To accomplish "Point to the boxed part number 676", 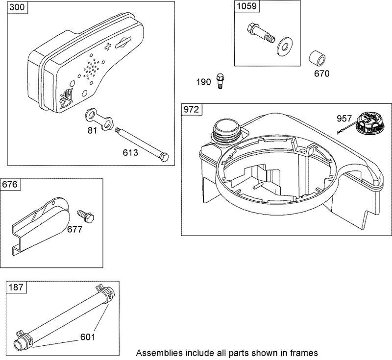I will [x=11, y=184].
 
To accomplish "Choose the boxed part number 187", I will [x=16, y=287].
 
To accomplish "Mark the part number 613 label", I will [x=131, y=152].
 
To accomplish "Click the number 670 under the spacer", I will [x=322, y=73].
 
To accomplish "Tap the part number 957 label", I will [x=345, y=118].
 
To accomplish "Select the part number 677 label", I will [x=75, y=229].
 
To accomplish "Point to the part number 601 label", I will [x=88, y=336].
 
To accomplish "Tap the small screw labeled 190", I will [x=220, y=81].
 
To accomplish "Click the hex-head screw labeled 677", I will [x=87, y=216].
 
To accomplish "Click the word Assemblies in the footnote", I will [x=156, y=353].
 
